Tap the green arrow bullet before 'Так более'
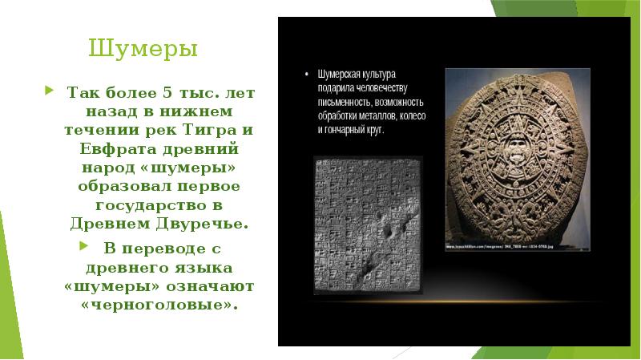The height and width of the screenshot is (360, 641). (x=50, y=89)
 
